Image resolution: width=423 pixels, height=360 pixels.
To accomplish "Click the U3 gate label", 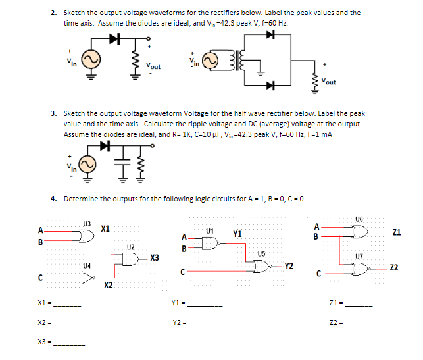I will coord(87,223).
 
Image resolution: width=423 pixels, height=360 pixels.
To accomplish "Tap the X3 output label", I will coord(155,257).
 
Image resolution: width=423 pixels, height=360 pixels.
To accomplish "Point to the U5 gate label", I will coord(261,253).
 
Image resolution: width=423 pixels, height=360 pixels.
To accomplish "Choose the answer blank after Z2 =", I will coord(359,324).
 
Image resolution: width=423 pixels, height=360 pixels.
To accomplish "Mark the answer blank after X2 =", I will coord(68,324).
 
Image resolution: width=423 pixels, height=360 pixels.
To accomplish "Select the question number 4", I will coord(53,198).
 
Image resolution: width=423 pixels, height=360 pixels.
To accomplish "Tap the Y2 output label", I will coord(289,266).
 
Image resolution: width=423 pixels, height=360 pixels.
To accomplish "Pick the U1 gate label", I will coord(210,230).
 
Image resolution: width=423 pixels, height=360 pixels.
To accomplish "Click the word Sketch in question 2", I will coord(74,13).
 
